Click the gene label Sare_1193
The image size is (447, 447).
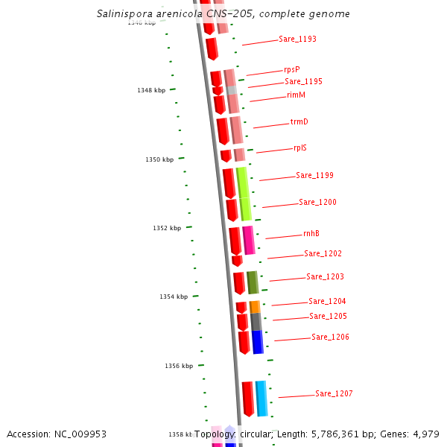297,39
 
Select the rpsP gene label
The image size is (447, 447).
292,69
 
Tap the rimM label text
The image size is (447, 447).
296,95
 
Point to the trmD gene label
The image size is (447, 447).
299,121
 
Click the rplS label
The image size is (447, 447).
300,148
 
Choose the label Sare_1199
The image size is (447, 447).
314,176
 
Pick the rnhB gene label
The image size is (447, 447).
311,233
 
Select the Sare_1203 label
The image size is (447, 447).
325,277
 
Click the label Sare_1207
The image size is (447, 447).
334,393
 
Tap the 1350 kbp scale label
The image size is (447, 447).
159,159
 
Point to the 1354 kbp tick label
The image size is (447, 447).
174,297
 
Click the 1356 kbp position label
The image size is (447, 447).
179,366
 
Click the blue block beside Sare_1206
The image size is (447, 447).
257,342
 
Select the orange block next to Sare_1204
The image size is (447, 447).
255,306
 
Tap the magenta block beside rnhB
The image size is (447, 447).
248,240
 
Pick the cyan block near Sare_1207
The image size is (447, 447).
261,398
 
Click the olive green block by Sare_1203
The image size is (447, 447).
253,282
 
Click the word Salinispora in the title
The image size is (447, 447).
123,14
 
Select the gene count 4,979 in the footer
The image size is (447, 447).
425,434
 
